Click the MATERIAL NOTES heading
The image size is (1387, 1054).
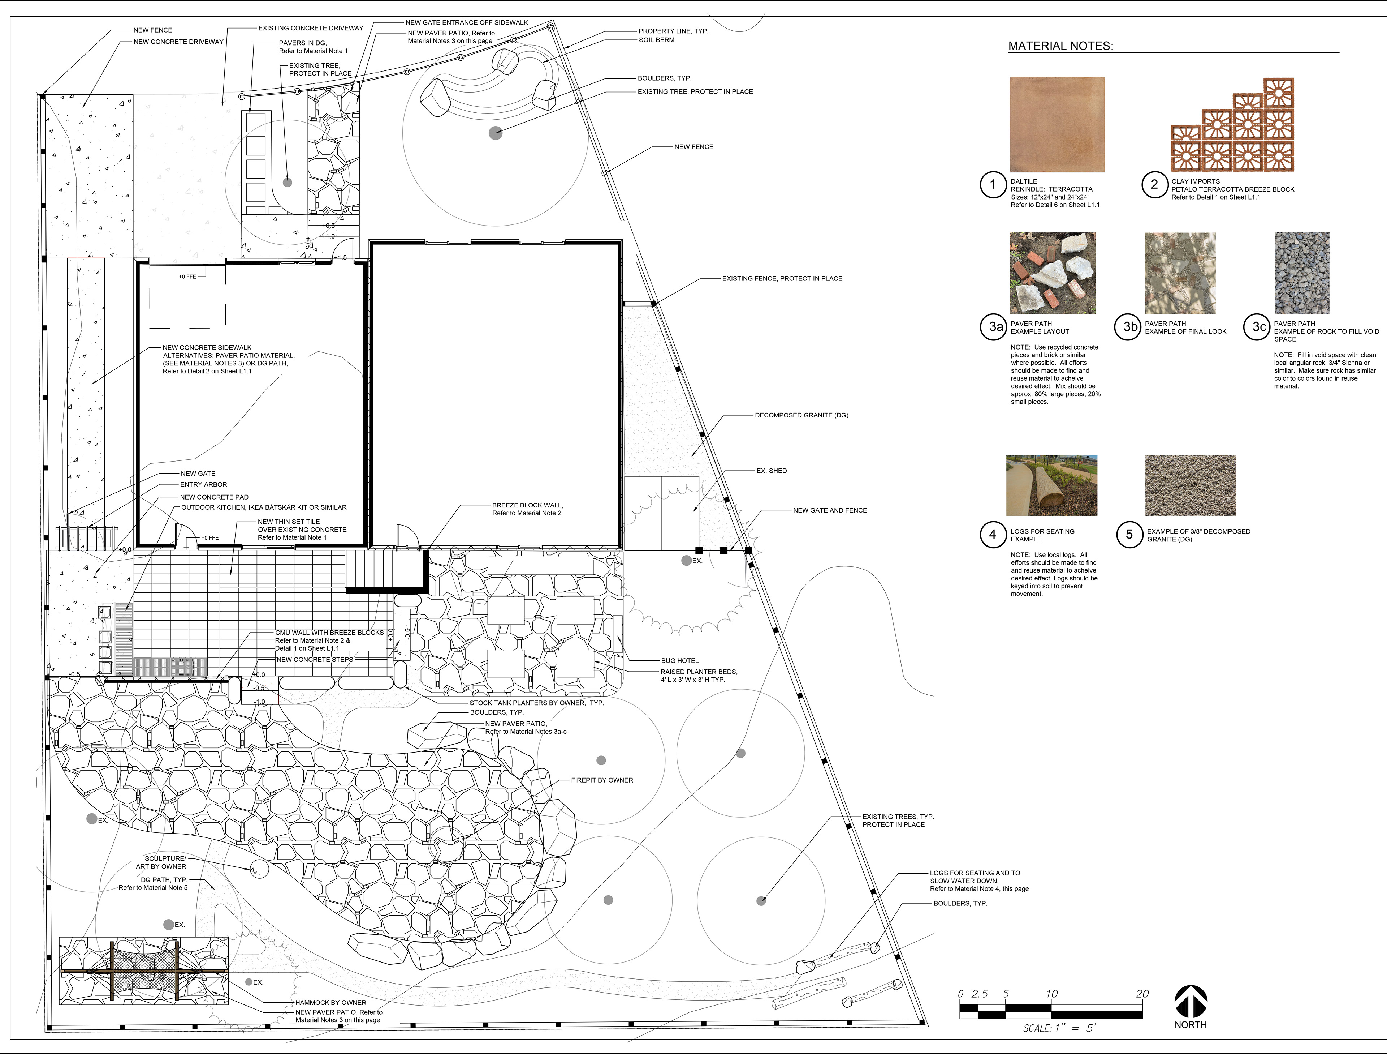coord(1060,46)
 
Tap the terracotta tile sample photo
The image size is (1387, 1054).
coord(1057,124)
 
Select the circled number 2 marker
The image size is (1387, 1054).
coord(1154,184)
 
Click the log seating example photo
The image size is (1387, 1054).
coord(1051,485)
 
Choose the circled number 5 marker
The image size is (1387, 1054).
coord(1130,535)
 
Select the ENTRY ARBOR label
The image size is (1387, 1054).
coord(204,484)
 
